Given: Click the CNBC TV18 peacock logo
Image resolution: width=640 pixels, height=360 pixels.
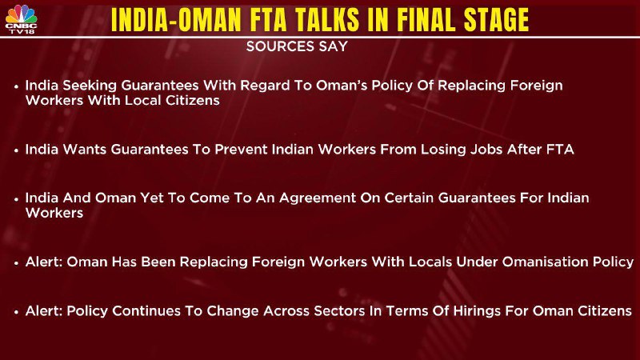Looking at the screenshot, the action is point(22,18).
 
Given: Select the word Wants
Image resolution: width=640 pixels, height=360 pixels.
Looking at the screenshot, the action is point(85,150).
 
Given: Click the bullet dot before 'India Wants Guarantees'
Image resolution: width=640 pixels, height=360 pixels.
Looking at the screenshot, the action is point(16,150).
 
